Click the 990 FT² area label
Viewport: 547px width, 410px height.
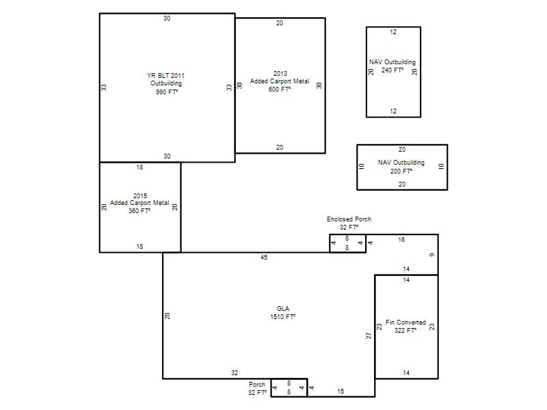(167, 92)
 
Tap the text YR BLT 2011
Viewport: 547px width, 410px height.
(165, 75)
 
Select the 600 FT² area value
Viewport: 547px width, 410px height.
(280, 90)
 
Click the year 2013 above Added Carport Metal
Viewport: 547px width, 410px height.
(280, 74)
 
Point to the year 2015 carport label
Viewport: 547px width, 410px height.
(140, 195)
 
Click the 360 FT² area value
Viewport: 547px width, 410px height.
(139, 211)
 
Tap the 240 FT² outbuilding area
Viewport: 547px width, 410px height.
(392, 70)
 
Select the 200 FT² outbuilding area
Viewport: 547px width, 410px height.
(401, 172)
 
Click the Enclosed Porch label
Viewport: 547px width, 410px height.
(349, 219)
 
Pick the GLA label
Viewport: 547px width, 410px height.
(283, 309)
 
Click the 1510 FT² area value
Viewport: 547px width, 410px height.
(282, 316)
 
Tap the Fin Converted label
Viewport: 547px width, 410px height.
(405, 322)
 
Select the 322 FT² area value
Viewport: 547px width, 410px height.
(405, 330)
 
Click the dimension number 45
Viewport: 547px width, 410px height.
(264, 258)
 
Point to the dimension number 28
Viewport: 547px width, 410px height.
(168, 316)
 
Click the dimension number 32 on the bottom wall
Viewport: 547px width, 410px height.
(235, 372)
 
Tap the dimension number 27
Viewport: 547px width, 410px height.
(369, 336)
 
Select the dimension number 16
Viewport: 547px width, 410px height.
(401, 240)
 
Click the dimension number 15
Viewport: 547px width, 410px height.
(341, 391)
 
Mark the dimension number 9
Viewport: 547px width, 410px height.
(432, 255)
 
